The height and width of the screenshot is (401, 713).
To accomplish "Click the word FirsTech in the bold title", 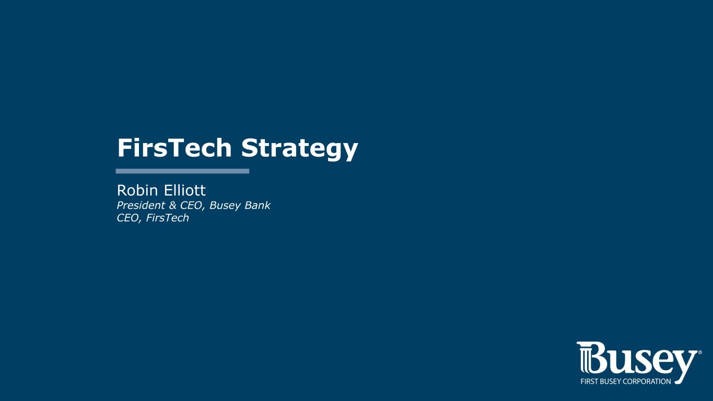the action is (x=174, y=148).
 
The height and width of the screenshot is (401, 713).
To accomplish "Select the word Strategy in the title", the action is (x=299, y=149).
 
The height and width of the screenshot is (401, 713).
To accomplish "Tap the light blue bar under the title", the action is (x=182, y=171).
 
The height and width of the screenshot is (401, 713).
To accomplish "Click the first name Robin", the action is (x=137, y=190).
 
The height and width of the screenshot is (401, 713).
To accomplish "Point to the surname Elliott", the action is (x=184, y=190).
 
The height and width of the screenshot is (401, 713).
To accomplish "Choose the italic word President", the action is (x=141, y=205).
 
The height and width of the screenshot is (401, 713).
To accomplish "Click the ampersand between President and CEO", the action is (x=172, y=205).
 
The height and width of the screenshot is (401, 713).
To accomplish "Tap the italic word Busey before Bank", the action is (x=225, y=206).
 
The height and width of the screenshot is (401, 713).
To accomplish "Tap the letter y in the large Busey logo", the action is (x=683, y=367).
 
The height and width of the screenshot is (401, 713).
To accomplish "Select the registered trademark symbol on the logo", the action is (x=699, y=352).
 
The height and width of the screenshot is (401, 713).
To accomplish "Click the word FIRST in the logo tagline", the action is (x=589, y=381).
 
